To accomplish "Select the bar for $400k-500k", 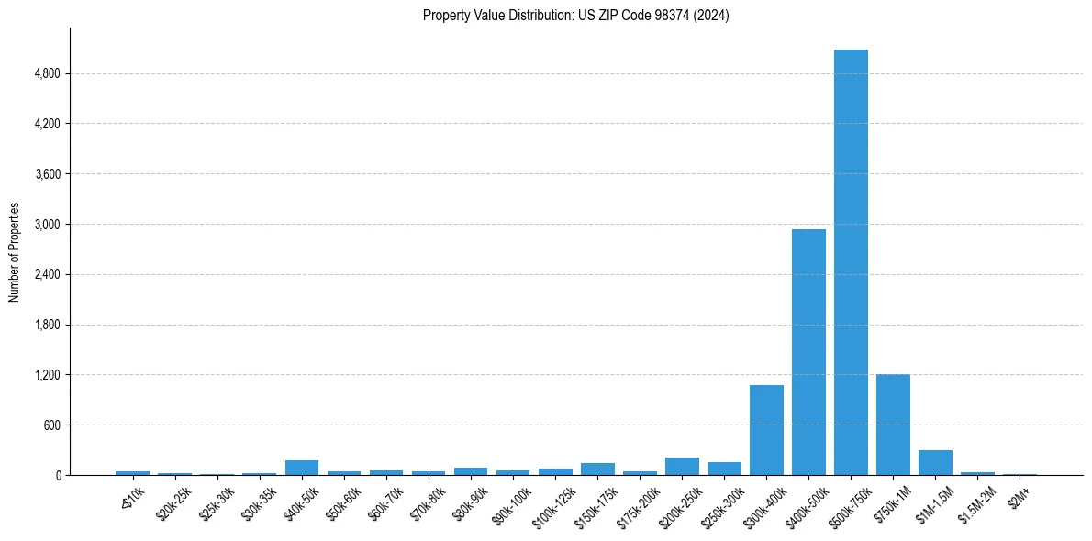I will (808, 352).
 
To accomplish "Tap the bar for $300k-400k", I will (766, 430).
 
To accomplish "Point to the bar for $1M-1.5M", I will (935, 463).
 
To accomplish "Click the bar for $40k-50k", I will (302, 468).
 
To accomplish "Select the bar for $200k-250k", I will (682, 467).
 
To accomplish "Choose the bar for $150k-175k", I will (597, 469).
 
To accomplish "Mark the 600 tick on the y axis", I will (51, 425).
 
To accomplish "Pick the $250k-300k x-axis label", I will (721, 502).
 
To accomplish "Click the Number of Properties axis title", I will (15, 252).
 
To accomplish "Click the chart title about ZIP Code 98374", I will (575, 16).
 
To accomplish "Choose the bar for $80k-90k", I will (471, 471).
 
